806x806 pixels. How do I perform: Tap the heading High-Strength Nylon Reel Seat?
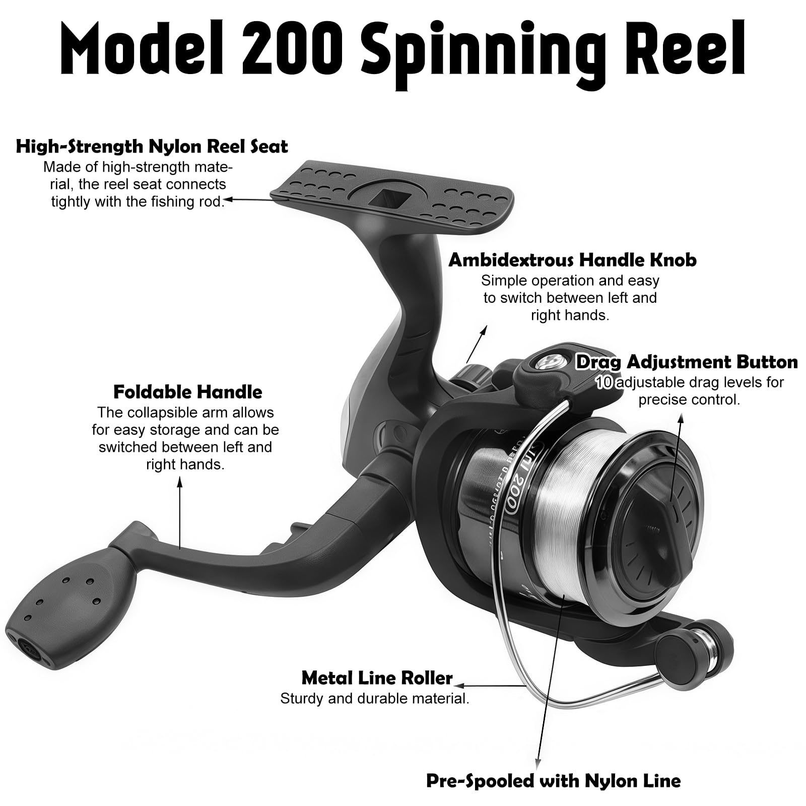click(152, 147)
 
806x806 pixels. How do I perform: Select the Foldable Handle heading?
click(187, 392)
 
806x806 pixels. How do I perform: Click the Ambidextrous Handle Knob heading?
click(572, 260)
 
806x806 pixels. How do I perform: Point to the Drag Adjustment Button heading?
click(687, 362)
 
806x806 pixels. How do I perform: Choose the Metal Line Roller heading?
click(377, 678)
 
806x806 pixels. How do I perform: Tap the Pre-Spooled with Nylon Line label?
click(554, 781)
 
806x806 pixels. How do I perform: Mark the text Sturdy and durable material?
click(375, 699)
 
